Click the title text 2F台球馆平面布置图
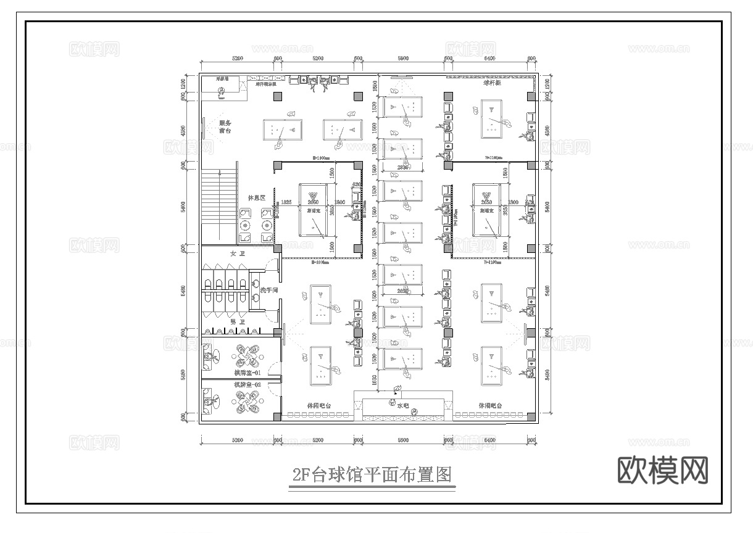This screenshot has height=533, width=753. tap(372, 475)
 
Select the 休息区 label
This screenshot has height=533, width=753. tap(256, 198)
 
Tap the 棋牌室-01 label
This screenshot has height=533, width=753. tap(247, 373)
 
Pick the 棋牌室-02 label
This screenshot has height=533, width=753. tap(247, 385)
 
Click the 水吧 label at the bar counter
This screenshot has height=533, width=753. tap(403, 406)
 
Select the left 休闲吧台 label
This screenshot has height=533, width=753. tap(319, 406)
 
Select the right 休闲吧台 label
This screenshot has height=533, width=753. tap(490, 406)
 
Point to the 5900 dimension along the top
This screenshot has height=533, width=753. tap(403, 58)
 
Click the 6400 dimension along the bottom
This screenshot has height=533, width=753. tap(489, 440)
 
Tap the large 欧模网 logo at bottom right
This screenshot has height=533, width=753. tap(662, 471)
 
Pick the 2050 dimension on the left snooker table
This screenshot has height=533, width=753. tap(314, 202)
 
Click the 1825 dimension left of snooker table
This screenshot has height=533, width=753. tap(286, 202)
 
